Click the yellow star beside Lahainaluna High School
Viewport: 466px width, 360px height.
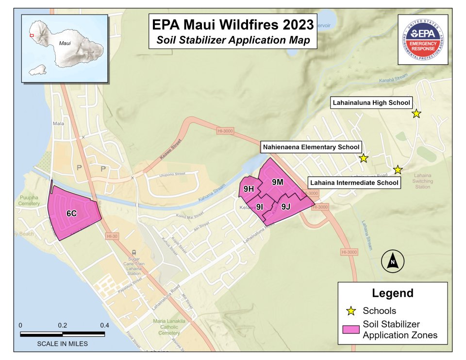click(x=416, y=114)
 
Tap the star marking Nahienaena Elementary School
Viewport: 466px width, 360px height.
click(x=364, y=158)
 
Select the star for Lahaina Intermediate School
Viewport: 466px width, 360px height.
click(x=398, y=169)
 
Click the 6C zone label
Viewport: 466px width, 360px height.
click(x=72, y=213)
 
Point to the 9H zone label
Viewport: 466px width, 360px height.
click(x=249, y=189)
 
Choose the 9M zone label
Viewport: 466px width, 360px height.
click(x=277, y=182)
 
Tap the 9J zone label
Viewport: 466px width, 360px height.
click(x=285, y=207)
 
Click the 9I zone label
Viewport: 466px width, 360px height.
click(x=260, y=207)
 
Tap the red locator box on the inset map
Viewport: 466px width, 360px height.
click(x=32, y=35)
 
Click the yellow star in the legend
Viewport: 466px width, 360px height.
click(x=352, y=311)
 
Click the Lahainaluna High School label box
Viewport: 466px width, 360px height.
click(x=371, y=102)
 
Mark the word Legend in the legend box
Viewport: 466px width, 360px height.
click(x=392, y=293)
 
